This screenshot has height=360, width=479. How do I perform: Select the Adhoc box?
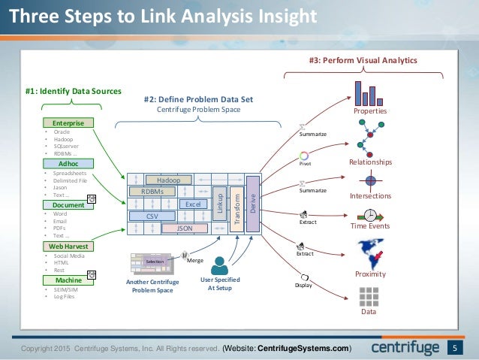point(68,163)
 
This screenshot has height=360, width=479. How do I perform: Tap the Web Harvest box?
point(68,246)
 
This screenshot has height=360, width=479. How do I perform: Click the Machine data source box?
point(68,280)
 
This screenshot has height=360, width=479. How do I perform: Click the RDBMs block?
point(152,192)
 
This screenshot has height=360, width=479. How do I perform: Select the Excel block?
point(192,204)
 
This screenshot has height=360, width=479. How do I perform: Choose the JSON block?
point(183,227)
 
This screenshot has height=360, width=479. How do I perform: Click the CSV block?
point(152,216)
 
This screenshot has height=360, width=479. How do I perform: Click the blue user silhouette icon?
point(220,265)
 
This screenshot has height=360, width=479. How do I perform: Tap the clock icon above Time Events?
point(370,214)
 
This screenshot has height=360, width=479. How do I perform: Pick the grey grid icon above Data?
point(369,296)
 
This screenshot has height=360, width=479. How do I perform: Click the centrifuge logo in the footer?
point(406,348)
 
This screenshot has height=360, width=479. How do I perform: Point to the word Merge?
point(195,259)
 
